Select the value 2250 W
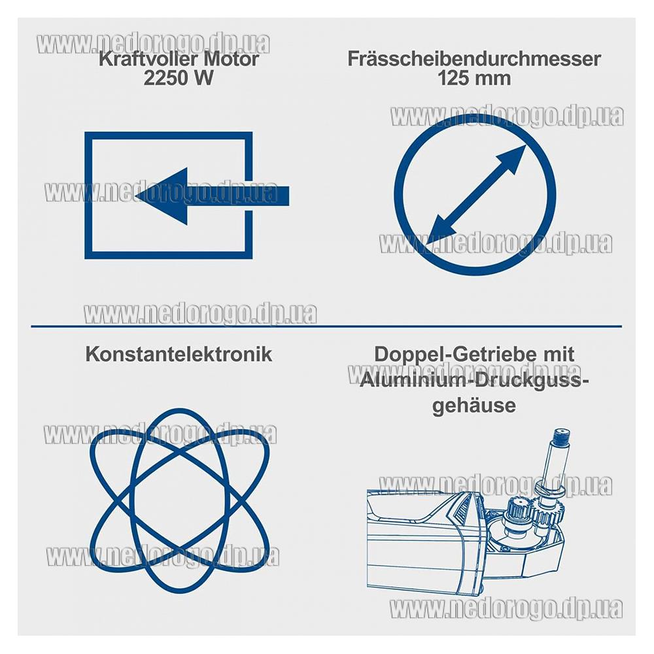(179, 78)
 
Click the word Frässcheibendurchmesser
(474, 59)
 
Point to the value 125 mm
(474, 78)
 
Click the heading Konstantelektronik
(179, 354)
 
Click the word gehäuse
(474, 405)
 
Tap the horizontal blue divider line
(326, 326)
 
